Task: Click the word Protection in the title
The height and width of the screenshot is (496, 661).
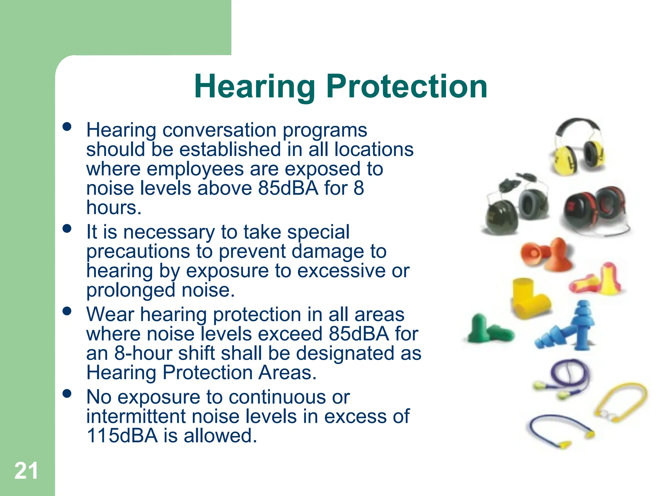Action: coord(407,87)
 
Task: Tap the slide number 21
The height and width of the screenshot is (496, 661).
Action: coord(26,471)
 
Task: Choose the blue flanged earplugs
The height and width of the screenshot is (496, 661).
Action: coord(568,328)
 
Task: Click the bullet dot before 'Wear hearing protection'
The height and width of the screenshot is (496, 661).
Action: coord(67,311)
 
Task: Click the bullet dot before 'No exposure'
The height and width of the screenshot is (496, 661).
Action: coord(67,394)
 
